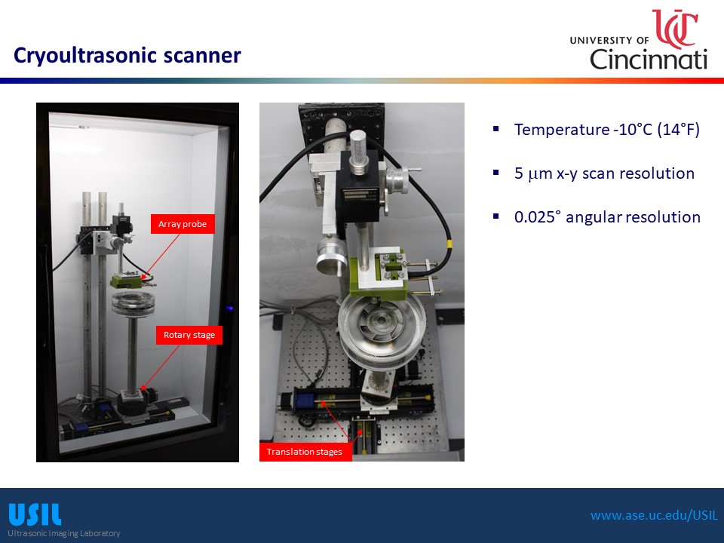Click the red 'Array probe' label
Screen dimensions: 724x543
183,224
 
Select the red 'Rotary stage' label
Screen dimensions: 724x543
189,335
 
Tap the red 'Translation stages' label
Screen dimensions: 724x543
305,452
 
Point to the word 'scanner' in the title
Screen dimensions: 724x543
202,55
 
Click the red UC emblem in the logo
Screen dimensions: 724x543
674,29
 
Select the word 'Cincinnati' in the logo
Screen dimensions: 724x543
649,59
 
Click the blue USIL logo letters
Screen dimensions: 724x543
35,514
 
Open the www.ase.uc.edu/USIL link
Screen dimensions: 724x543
655,515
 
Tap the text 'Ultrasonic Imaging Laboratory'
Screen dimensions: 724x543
63,533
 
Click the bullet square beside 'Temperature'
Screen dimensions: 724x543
496,129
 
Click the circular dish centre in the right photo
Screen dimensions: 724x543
382,319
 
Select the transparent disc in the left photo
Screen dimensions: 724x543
133,304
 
